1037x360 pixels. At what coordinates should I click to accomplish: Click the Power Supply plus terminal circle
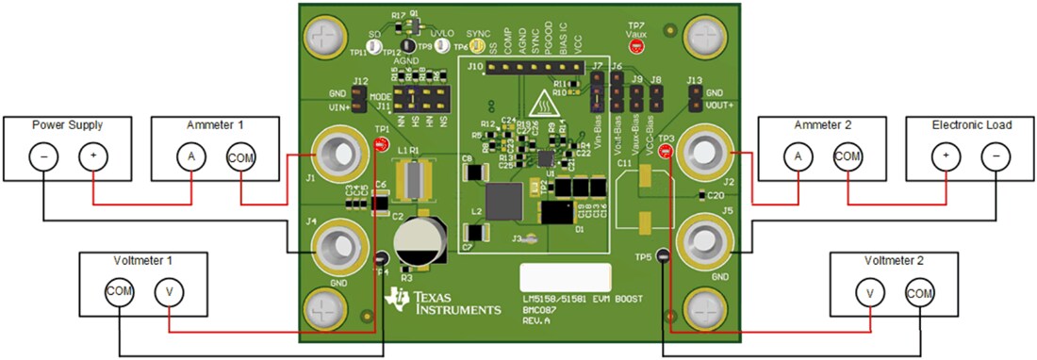[92, 156]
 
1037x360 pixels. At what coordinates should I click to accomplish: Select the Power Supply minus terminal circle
[42, 156]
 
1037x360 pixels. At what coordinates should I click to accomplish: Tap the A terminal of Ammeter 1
[192, 156]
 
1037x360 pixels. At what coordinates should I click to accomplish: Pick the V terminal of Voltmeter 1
[169, 293]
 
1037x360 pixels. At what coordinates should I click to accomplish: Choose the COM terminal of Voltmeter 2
[919, 293]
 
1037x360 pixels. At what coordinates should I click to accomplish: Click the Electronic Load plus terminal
[946, 156]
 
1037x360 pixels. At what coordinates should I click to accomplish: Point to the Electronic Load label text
[969, 124]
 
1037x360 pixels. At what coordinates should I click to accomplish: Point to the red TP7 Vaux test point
[636, 44]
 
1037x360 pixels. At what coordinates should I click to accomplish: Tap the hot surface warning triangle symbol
[544, 100]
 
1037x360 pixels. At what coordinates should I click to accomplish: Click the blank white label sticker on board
[566, 278]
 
